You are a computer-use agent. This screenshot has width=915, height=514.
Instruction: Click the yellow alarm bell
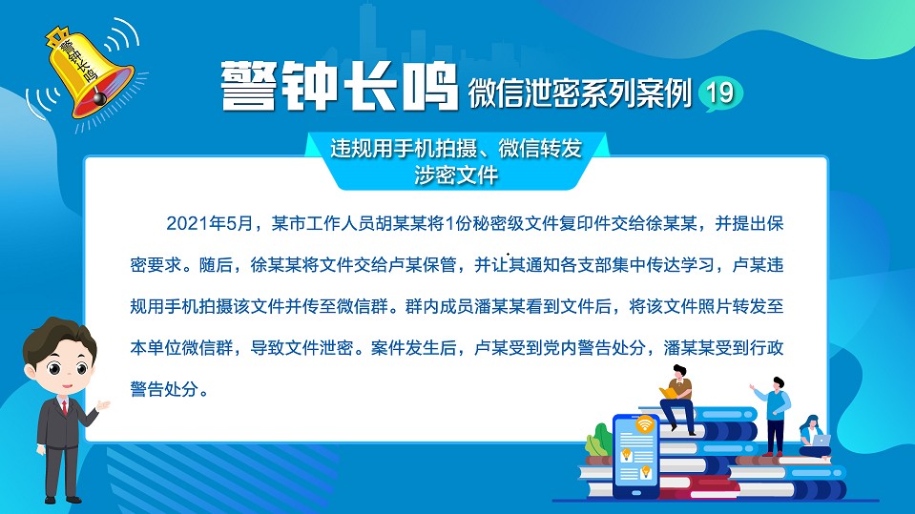point(89,72)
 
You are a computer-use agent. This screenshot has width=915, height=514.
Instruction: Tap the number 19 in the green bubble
point(719,93)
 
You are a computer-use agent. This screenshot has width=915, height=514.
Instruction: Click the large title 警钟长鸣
point(339,87)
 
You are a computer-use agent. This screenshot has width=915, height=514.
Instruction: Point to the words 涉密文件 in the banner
point(456,175)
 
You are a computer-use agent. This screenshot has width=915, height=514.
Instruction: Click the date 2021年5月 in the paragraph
point(210,223)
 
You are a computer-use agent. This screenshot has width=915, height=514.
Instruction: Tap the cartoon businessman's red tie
point(65,406)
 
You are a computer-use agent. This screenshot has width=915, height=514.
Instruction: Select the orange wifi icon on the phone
point(645,423)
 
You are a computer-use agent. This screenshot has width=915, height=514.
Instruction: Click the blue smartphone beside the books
point(636,456)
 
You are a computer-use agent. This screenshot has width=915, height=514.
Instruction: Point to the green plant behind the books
point(597,442)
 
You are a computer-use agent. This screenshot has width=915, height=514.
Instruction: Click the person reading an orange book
point(678,400)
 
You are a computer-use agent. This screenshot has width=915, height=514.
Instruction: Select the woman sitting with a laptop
point(814,437)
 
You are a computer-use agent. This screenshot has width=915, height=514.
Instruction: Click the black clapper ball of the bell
point(100,97)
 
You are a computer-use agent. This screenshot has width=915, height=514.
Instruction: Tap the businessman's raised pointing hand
point(103,405)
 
